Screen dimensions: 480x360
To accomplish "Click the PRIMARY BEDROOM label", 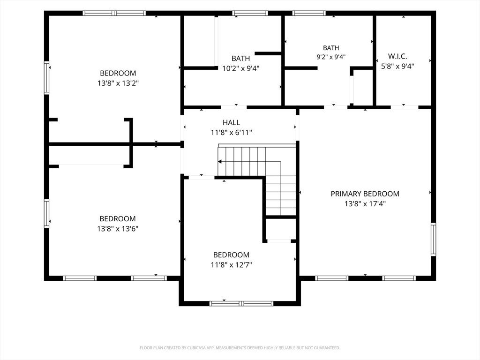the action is coord(365,194).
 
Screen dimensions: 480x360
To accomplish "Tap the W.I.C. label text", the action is coord(397,56).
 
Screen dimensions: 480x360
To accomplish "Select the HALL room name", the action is coord(231,122).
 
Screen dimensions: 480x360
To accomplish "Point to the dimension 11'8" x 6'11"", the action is coord(231,133).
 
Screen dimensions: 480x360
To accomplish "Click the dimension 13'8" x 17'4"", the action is coord(365,204).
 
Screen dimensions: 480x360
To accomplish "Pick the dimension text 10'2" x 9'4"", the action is coord(240,68).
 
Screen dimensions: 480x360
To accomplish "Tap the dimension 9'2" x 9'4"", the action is coord(331,57).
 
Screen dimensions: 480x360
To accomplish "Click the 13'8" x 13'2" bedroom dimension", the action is coord(118,83).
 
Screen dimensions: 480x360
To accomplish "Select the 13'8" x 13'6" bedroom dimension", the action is coord(118,229).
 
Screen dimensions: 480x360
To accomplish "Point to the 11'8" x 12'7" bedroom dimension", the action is coord(231,265).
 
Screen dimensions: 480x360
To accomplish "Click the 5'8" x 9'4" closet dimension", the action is coord(397,66).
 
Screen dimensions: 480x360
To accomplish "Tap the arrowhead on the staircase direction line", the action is coord(219,162).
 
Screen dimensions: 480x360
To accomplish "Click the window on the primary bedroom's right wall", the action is coord(434,240).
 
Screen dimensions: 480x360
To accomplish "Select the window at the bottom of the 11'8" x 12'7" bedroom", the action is coord(241,303).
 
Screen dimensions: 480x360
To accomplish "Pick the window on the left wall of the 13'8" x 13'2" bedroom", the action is coord(46,78).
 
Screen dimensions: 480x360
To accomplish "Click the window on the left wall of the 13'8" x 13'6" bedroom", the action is coord(46,213).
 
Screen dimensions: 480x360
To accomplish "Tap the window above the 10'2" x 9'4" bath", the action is coord(250,13).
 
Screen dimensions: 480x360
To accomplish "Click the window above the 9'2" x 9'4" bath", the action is coord(309,13).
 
